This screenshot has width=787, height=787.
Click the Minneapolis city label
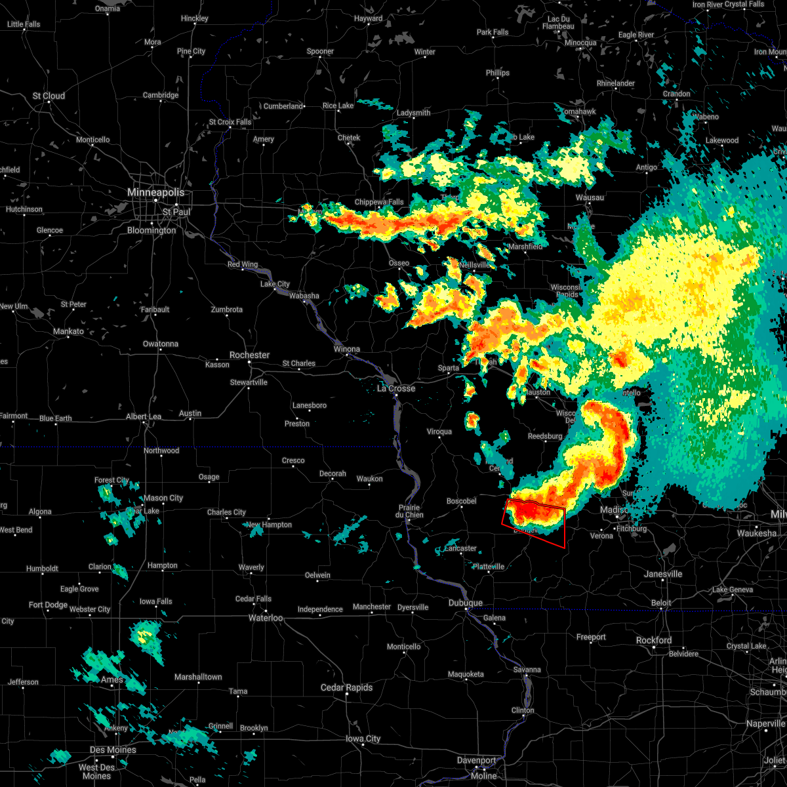pyautogui.click(x=155, y=192)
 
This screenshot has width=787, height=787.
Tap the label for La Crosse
pyautogui.click(x=396, y=388)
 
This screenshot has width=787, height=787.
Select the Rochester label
pyautogui.click(x=249, y=355)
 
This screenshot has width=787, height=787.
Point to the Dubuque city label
pyautogui.click(x=465, y=603)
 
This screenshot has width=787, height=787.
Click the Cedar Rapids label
pyautogui.click(x=346, y=687)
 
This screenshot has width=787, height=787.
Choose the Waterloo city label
pyautogui.click(x=266, y=618)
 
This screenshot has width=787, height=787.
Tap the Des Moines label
pyautogui.click(x=112, y=750)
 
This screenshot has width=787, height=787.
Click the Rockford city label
pyautogui.click(x=654, y=640)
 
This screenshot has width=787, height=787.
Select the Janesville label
pyautogui.click(x=663, y=574)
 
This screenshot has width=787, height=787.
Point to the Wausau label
pyautogui.click(x=589, y=197)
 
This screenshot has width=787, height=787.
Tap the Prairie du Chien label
pyautogui.click(x=410, y=511)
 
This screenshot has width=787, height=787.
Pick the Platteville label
pyautogui.click(x=489, y=567)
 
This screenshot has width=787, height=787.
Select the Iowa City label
pyautogui.click(x=363, y=738)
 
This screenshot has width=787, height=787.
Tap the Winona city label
pyautogui.click(x=346, y=349)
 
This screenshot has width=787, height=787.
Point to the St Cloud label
pyautogui.click(x=49, y=96)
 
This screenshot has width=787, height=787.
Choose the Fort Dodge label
pyautogui.click(x=49, y=605)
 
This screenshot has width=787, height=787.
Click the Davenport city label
pyautogui.click(x=477, y=760)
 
